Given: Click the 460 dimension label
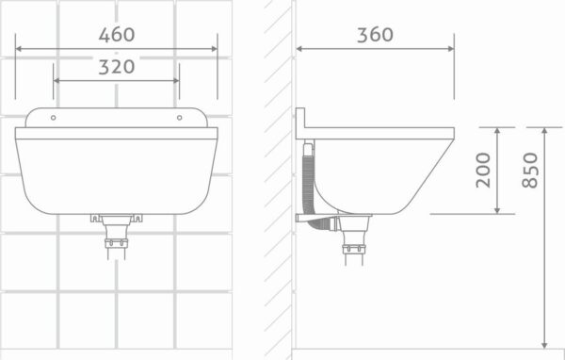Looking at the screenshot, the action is point(117,35).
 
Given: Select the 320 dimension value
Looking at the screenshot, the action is point(117,67).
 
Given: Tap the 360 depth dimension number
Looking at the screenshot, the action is point(375,35).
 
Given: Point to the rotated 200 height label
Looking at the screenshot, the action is point(483,171).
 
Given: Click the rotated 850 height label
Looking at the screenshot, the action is point(530,171).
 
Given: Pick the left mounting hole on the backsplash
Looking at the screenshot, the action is point(54,118).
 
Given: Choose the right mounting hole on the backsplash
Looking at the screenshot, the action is point(180,118).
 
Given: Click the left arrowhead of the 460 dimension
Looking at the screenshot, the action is point(19,49).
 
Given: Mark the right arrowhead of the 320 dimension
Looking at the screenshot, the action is point(176,80).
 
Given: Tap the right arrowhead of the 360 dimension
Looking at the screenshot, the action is point(451,49).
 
